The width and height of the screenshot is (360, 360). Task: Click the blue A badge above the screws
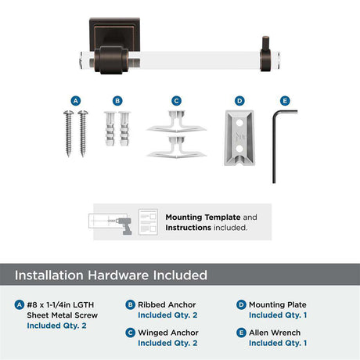(76, 101)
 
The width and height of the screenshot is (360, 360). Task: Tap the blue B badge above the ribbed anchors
(117, 101)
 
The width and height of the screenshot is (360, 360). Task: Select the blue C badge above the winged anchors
(176, 101)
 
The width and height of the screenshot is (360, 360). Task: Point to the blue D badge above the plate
(239, 101)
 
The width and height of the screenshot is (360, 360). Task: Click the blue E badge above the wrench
(285, 101)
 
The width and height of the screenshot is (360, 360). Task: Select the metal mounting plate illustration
(239, 138)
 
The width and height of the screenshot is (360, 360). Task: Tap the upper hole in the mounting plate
(239, 122)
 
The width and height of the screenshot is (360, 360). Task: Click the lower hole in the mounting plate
(239, 149)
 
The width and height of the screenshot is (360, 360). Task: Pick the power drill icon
(124, 225)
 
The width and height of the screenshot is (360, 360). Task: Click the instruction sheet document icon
(148, 222)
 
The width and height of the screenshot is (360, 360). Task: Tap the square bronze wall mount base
(114, 34)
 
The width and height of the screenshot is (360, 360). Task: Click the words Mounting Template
(203, 218)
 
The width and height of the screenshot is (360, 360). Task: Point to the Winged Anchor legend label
(168, 333)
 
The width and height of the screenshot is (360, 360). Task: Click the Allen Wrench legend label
(275, 333)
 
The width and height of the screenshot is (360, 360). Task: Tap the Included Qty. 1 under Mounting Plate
(278, 315)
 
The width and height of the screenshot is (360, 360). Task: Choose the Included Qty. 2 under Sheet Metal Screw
(56, 326)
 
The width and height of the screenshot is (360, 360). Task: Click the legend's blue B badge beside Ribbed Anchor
(130, 304)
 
